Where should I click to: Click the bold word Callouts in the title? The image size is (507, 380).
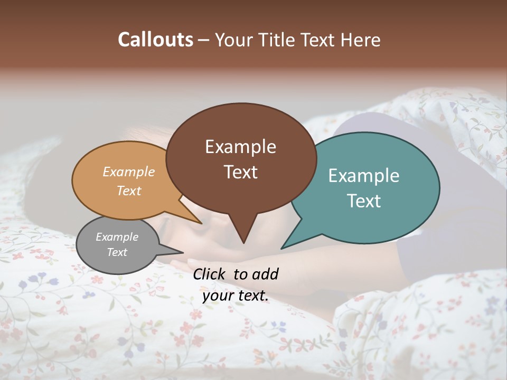pos(155,40)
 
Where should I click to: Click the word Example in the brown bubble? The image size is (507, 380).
pos(240,147)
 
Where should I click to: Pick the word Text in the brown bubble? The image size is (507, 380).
pos(240,172)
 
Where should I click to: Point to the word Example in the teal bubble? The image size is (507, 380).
pos(364,176)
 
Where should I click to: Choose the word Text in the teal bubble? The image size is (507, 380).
pos(364,201)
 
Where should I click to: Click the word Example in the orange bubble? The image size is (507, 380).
pos(129,172)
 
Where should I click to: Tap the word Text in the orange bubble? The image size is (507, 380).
pos(129,191)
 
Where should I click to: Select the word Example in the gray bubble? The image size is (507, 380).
pos(117,237)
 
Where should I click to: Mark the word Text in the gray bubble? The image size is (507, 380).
pos(117,252)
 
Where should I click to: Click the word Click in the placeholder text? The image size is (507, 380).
pos(210,274)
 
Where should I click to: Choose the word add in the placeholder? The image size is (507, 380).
pos(265,274)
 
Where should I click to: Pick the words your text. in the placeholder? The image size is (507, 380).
pos(236,296)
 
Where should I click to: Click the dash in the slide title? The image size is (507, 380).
pos(204,40)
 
